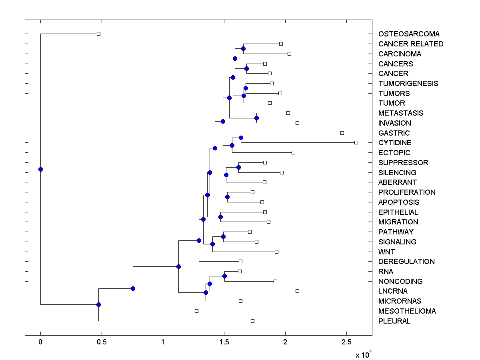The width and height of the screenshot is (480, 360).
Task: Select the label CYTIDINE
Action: (395, 143)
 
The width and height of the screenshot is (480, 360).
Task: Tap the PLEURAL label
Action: (394, 321)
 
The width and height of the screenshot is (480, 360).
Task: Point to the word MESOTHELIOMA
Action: (407, 311)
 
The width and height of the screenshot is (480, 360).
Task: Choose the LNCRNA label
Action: (393, 291)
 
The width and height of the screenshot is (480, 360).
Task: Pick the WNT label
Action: (386, 252)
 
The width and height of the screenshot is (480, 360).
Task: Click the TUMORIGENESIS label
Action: (408, 84)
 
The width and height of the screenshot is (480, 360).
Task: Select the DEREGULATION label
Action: (406, 262)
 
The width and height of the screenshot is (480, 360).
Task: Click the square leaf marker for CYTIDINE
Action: (356, 142)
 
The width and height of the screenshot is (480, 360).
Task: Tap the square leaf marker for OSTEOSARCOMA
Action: (99, 34)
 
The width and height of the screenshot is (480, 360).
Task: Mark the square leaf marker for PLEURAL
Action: (252, 321)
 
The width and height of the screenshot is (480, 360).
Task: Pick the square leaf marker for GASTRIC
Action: (342, 133)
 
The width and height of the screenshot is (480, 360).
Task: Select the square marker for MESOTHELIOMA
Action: (196, 311)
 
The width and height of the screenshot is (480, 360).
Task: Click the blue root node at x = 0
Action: (40, 169)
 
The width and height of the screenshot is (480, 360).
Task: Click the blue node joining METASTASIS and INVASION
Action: (256, 118)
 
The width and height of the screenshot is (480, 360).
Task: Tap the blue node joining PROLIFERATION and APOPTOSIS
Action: (227, 197)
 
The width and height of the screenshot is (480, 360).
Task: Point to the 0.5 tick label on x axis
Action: (102, 342)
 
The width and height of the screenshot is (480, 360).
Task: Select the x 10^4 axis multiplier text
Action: (364, 354)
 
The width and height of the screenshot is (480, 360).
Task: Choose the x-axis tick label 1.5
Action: (224, 342)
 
